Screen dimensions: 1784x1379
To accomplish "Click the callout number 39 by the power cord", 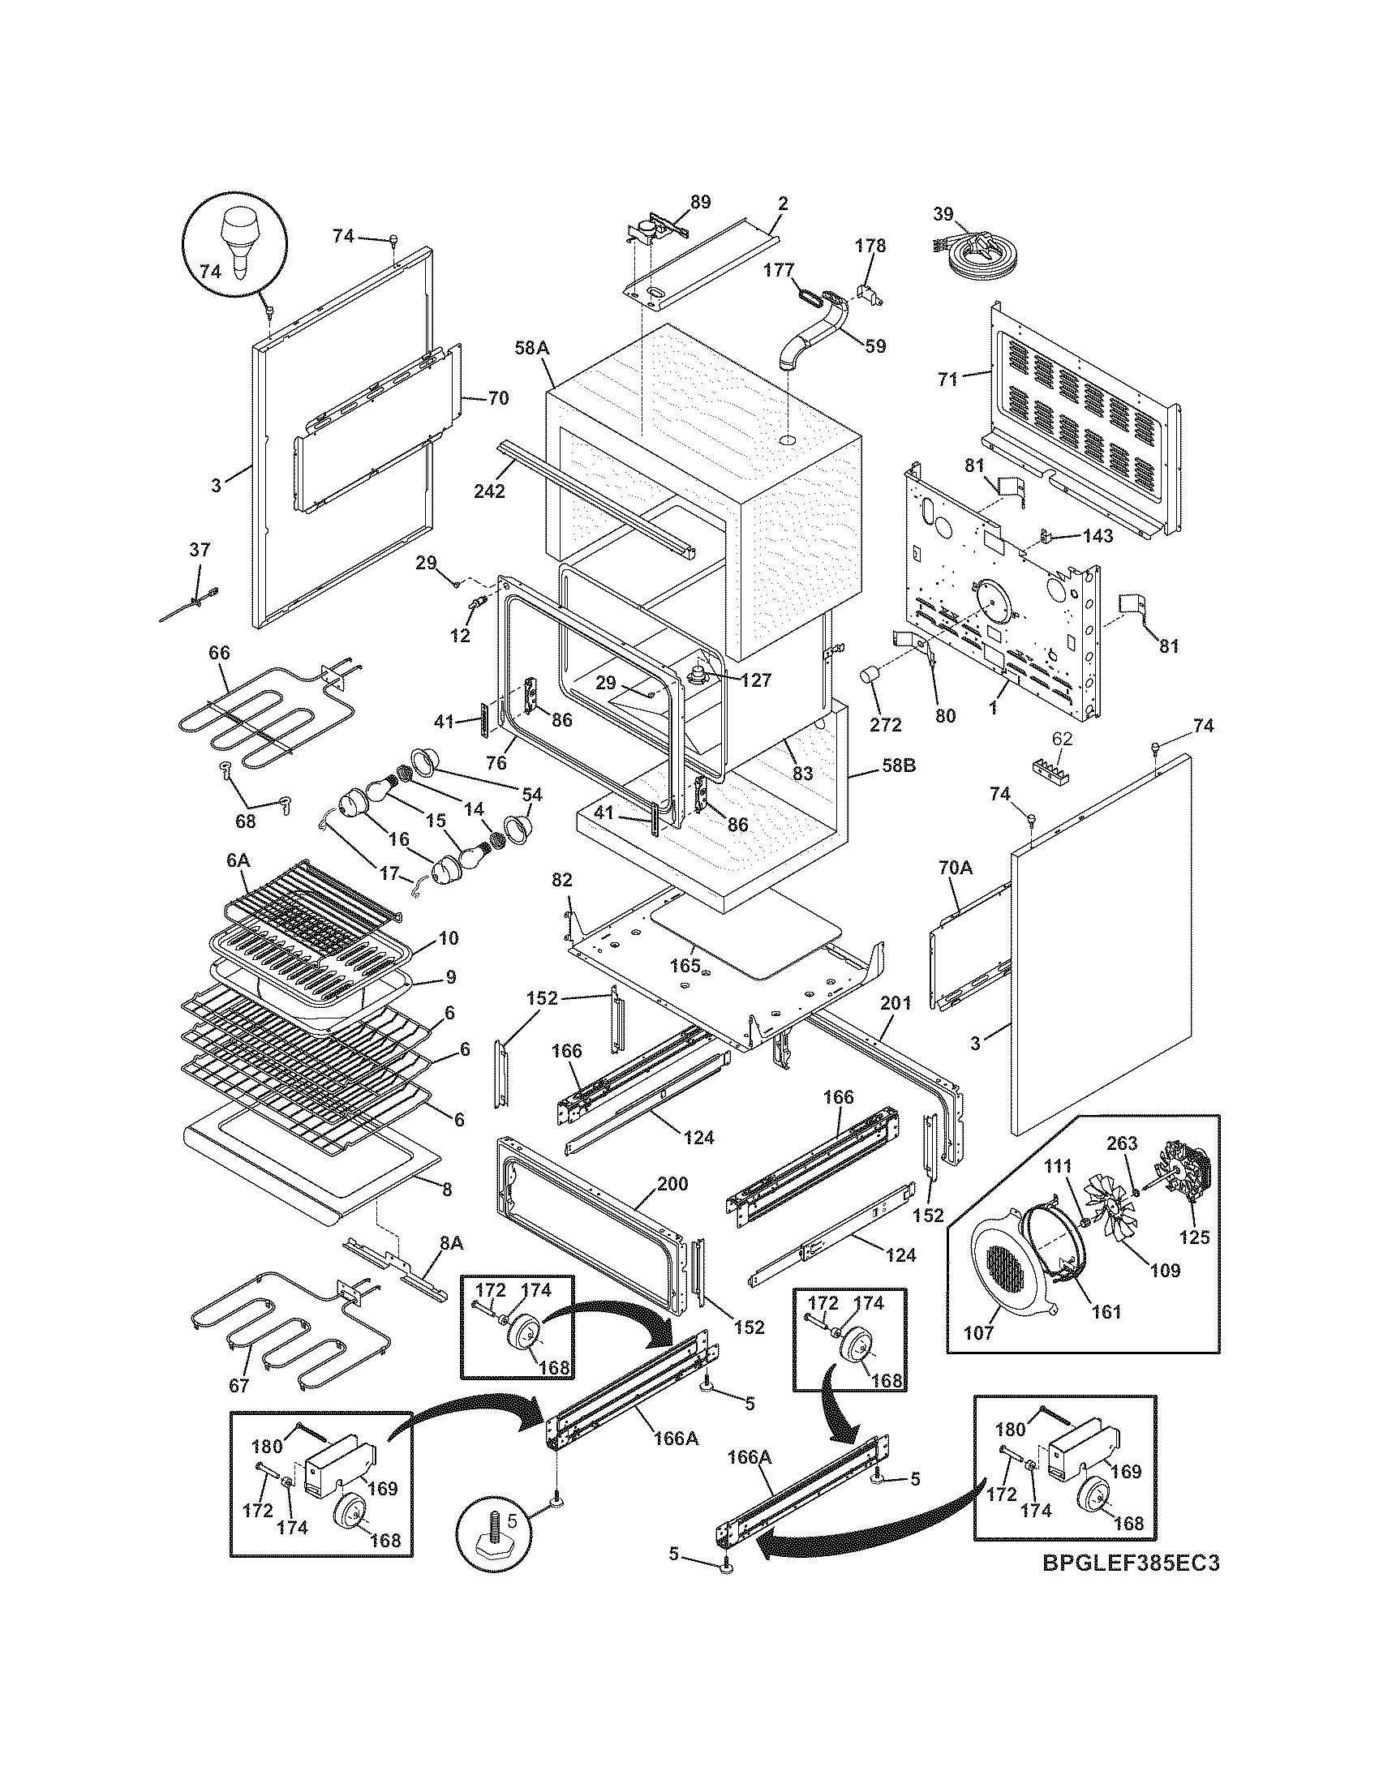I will (943, 214).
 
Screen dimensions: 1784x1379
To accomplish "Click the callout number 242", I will (489, 491).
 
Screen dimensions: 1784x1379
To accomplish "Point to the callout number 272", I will (886, 723).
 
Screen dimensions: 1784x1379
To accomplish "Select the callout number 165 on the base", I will (685, 965).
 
